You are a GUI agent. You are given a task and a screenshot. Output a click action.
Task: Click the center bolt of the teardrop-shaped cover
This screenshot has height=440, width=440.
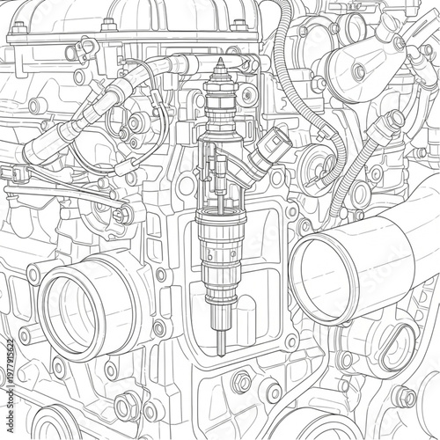tap(358, 71)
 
